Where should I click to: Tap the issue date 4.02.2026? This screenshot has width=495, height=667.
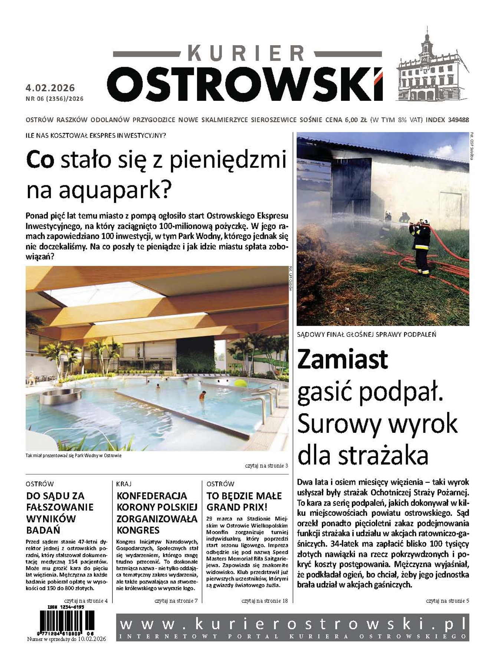pos(50,88)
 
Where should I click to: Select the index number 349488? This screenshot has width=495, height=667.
pos(458,120)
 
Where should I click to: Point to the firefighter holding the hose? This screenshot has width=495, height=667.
pos(422,246)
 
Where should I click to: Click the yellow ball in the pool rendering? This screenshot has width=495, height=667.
pos(241,383)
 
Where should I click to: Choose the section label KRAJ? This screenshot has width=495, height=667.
pos(124,484)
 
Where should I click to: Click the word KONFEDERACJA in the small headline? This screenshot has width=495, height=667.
pos(152,496)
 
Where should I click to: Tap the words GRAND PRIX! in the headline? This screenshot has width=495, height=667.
pos(237,507)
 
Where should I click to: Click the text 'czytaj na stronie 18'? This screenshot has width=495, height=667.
pos(264,601)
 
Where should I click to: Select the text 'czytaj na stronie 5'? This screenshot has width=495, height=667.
pos(447,601)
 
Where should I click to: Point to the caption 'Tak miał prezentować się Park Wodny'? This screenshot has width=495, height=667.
pos(73,455)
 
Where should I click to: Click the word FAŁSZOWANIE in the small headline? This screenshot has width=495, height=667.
pos(60,507)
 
